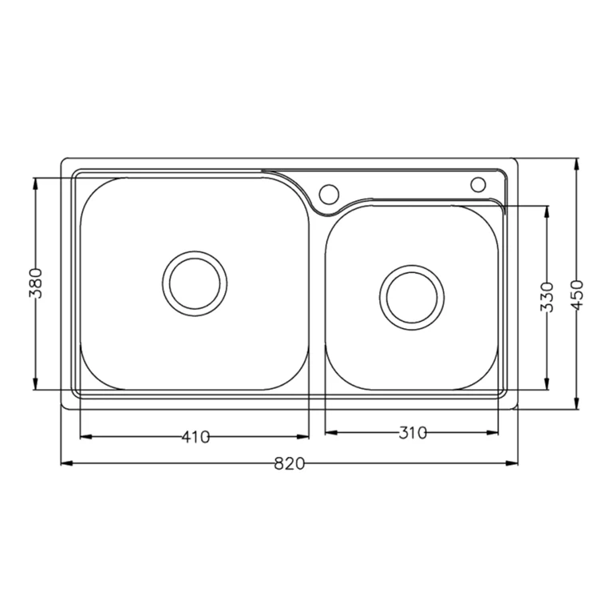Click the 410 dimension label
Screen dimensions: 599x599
point(195,437)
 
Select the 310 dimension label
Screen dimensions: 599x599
point(412,432)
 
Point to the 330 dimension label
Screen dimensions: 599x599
point(547,296)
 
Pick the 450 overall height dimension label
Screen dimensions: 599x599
point(579,293)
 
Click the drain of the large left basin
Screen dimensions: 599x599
point(194,283)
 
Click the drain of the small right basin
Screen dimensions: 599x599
point(411,296)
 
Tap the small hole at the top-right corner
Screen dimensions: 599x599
point(478,184)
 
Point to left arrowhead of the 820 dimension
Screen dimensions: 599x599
point(66,464)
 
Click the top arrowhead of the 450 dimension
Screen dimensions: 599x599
point(578,164)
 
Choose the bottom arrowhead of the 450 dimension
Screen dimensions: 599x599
point(578,407)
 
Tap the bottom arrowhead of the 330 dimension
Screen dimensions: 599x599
point(547,386)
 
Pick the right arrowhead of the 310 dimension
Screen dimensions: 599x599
point(494,432)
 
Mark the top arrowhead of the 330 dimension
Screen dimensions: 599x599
point(547,211)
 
